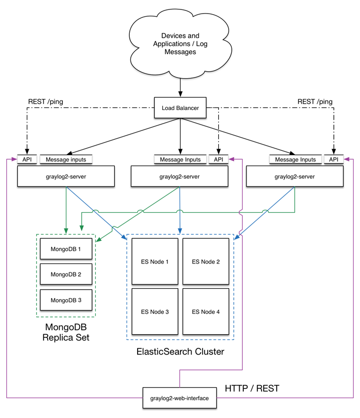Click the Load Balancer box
pyautogui.click(x=180, y=107)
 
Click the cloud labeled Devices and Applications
pyautogui.click(x=180, y=44)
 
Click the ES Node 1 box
pyautogui.click(x=154, y=261)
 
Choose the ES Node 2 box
pyautogui.click(x=206, y=261)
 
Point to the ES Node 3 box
pyautogui.click(x=154, y=312)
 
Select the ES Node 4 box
pyautogui.click(x=206, y=312)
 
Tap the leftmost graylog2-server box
pyautogui.click(x=66, y=177)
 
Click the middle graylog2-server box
pyautogui.click(x=179, y=177)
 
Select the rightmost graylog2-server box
pyautogui.click(x=295, y=177)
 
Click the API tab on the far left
pyautogui.click(x=27, y=159)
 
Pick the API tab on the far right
pyautogui.click(x=334, y=159)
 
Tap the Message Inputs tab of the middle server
pyautogui.click(x=180, y=159)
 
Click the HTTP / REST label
pyautogui.click(x=252, y=389)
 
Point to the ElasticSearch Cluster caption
pyautogui.click(x=180, y=352)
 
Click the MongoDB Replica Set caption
pyautogui.click(x=66, y=333)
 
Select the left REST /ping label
pyautogui.click(x=45, y=102)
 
